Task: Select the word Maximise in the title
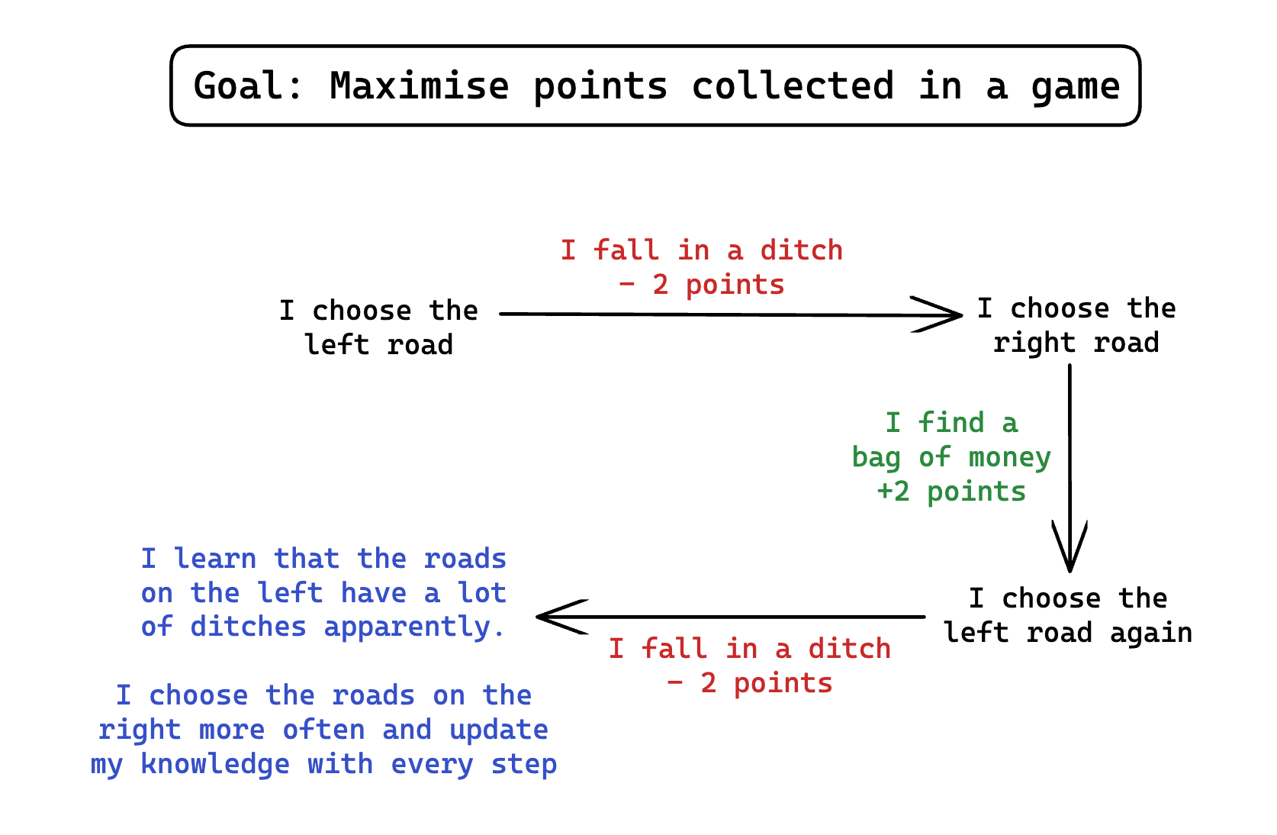click(x=419, y=85)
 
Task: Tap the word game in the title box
click(x=1075, y=85)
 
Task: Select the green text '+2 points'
click(x=951, y=492)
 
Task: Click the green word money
click(x=1009, y=457)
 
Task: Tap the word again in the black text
click(x=1150, y=633)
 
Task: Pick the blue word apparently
click(x=413, y=627)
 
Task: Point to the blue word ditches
click(x=248, y=627)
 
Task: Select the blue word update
click(x=498, y=730)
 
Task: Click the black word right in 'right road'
click(x=1034, y=343)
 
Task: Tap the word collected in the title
click(x=793, y=85)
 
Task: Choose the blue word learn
click(x=215, y=559)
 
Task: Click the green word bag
click(x=876, y=458)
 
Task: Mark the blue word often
click(x=323, y=730)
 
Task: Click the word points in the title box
click(x=600, y=85)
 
